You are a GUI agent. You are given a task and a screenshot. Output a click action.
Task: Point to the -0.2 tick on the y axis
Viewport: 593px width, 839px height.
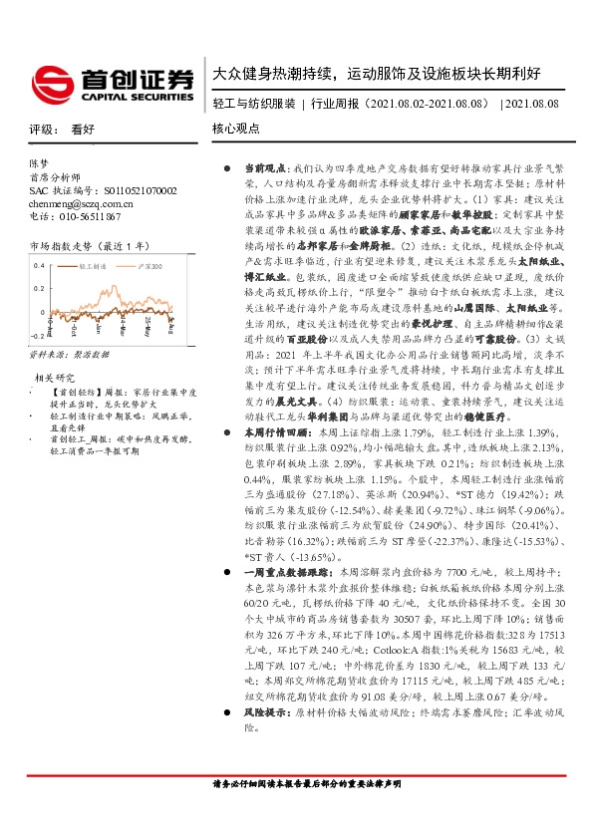(x=39, y=338)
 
